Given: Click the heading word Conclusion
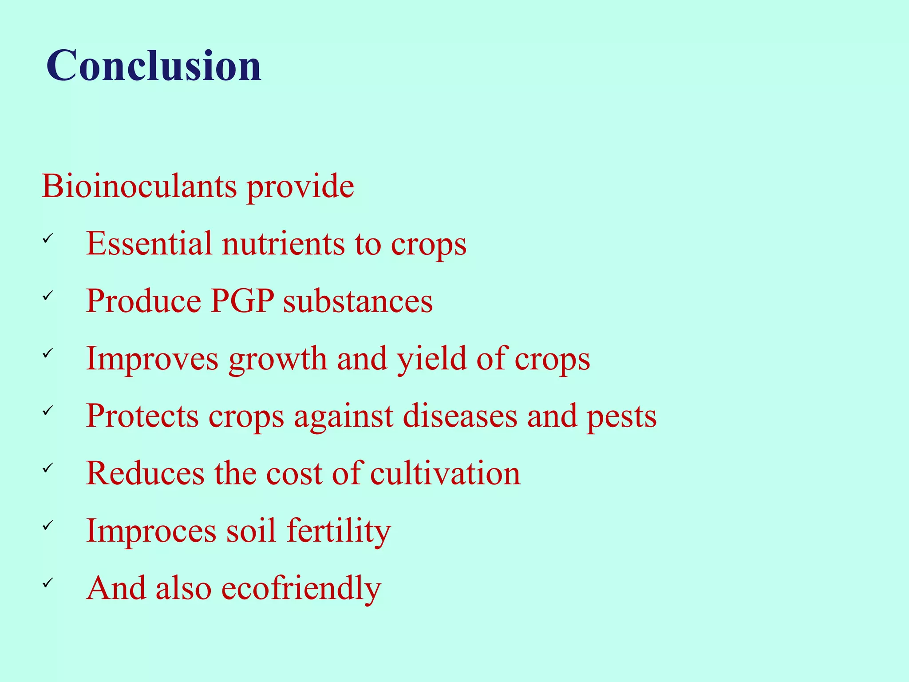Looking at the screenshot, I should (154, 66).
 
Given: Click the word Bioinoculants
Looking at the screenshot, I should (139, 186).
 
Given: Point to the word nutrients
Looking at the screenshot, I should (283, 244).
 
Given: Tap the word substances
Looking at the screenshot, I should (358, 301).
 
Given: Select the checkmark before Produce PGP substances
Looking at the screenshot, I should (48, 296).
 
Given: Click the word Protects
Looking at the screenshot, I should (142, 416).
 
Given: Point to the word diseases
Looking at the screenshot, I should (460, 416).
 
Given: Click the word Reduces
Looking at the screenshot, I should (145, 473).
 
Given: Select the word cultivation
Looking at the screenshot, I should (445, 473).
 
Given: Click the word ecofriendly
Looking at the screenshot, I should (301, 588).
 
